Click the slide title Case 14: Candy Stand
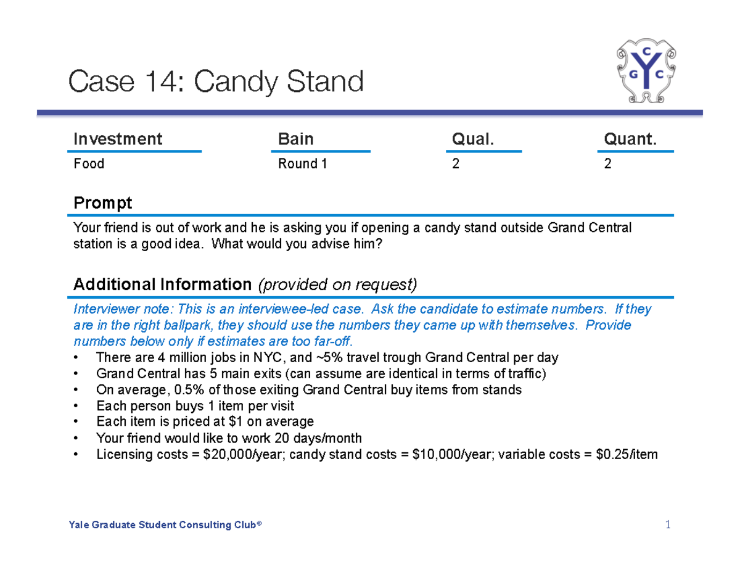pyautogui.click(x=216, y=81)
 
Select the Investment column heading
pyautogui.click(x=118, y=139)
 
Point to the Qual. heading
pyautogui.click(x=473, y=139)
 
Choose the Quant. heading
pyautogui.click(x=630, y=139)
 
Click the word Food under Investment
pyautogui.click(x=89, y=164)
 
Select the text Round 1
pyautogui.click(x=302, y=164)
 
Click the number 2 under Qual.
pyautogui.click(x=456, y=164)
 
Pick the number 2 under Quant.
pyautogui.click(x=607, y=164)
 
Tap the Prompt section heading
pyautogui.click(x=102, y=202)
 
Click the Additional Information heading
pyautogui.click(x=162, y=284)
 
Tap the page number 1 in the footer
pyautogui.click(x=667, y=525)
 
